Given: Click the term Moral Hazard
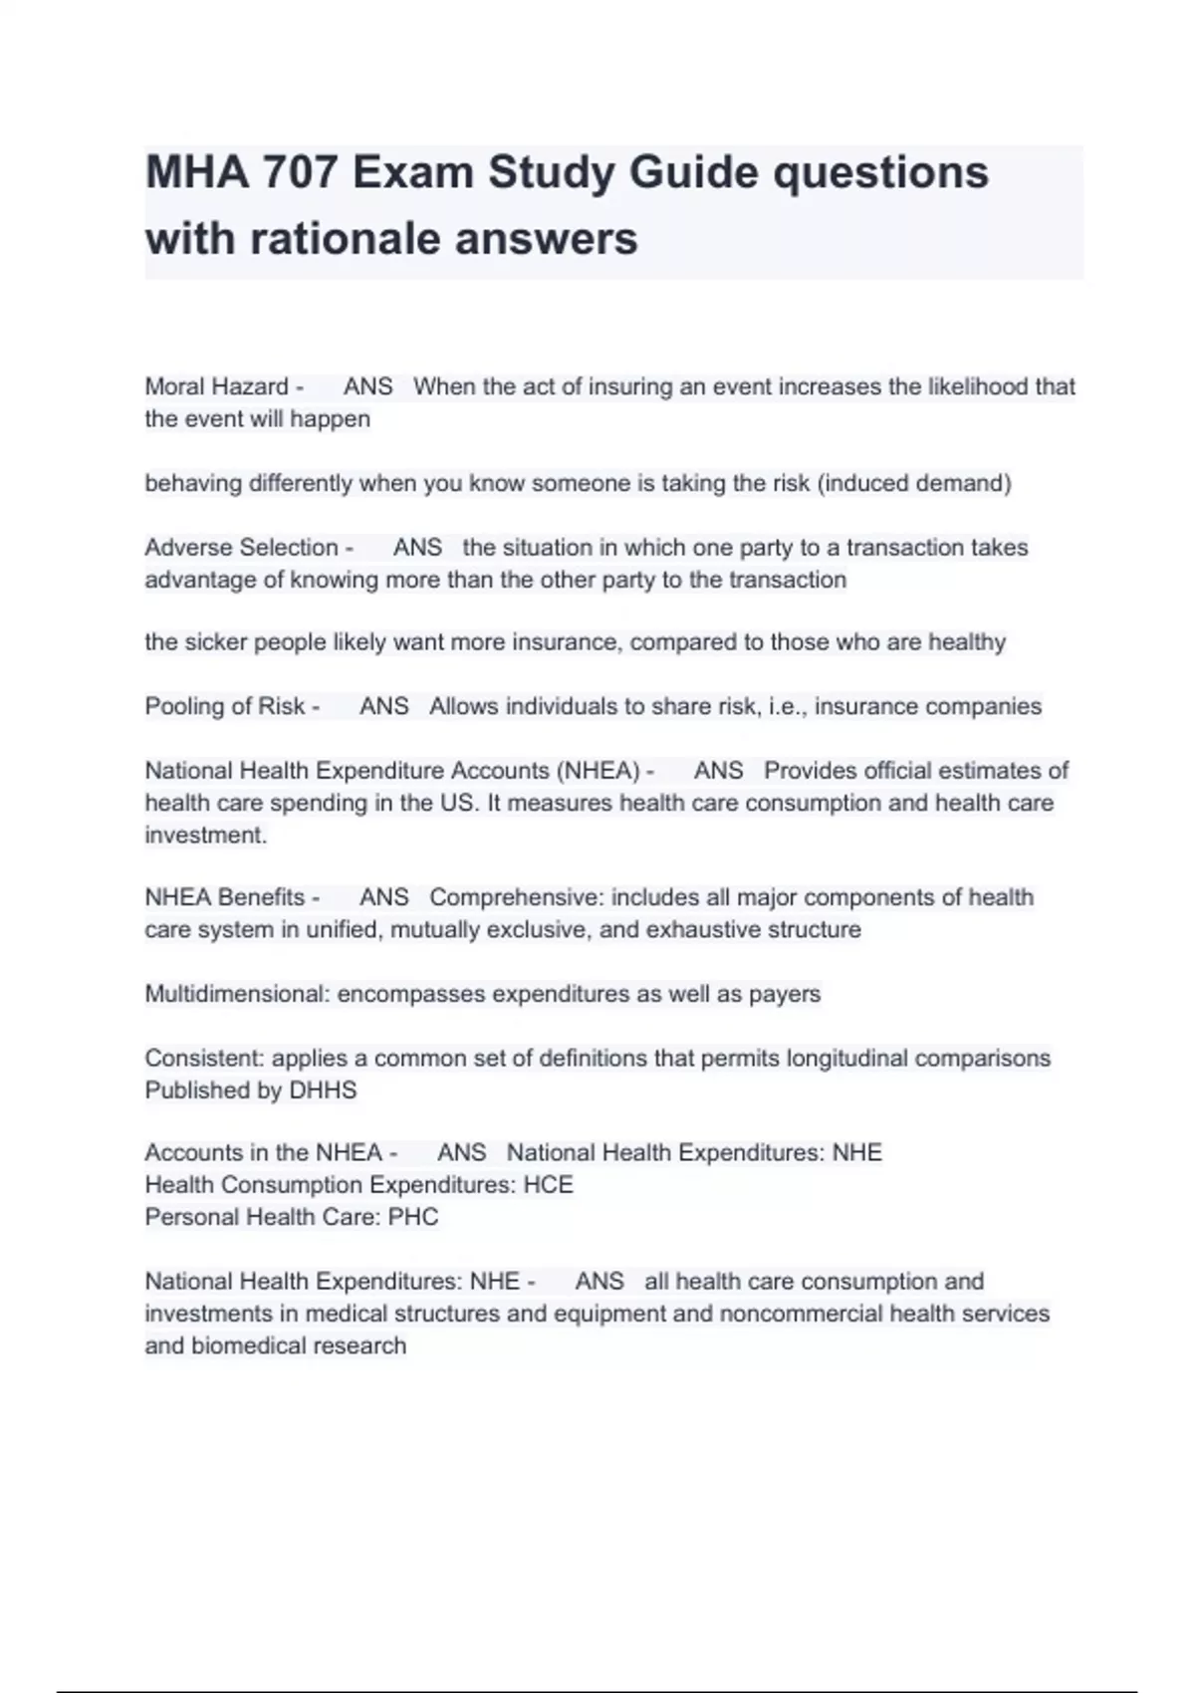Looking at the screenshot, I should coord(216,386).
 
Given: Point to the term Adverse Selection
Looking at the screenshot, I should coord(241,548).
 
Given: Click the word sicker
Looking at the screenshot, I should coord(214,642).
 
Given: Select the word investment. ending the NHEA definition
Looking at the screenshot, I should coord(205,835).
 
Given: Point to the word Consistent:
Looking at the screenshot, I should coord(204,1058).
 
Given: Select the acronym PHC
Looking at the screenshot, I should coord(413,1217).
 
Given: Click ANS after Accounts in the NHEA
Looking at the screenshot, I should coord(461,1153).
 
